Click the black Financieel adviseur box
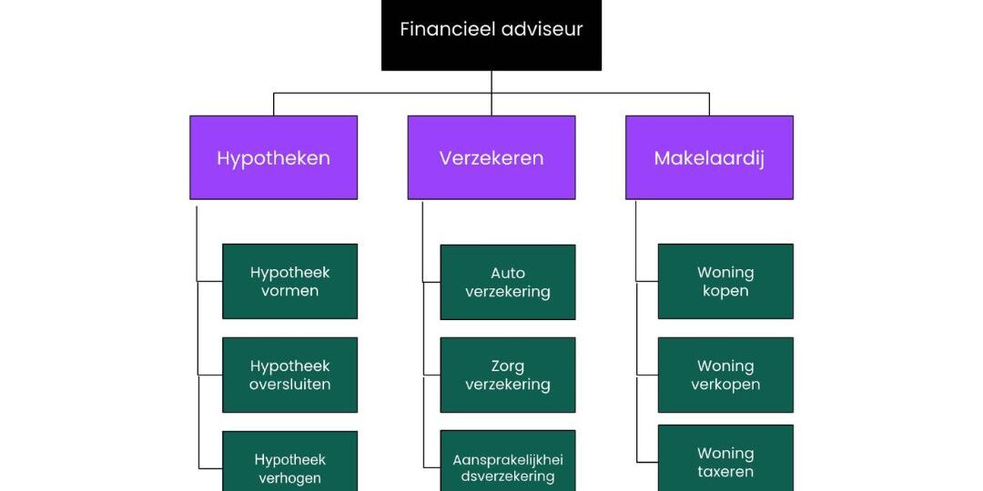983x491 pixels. (x=491, y=35)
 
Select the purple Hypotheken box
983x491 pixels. (x=273, y=157)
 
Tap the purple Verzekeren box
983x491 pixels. (x=491, y=157)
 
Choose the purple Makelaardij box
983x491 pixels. (x=709, y=157)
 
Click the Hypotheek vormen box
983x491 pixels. (x=289, y=281)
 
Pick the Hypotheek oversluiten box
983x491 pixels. (x=289, y=375)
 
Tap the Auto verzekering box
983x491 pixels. (x=508, y=282)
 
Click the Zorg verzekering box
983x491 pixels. (x=508, y=375)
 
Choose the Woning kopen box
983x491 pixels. (x=725, y=281)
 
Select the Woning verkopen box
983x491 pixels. (x=725, y=375)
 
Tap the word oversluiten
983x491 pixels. (x=289, y=385)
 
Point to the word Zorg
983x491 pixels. (x=508, y=366)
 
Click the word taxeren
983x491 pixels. (x=725, y=472)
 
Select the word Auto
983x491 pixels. (x=508, y=273)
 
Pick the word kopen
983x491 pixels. (x=725, y=291)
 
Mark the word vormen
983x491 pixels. (x=289, y=291)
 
